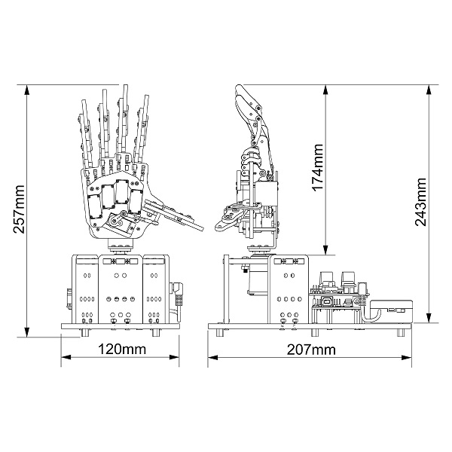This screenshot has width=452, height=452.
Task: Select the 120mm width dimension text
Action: coord(121,350)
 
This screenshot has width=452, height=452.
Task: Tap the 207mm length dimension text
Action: coord(311,350)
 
